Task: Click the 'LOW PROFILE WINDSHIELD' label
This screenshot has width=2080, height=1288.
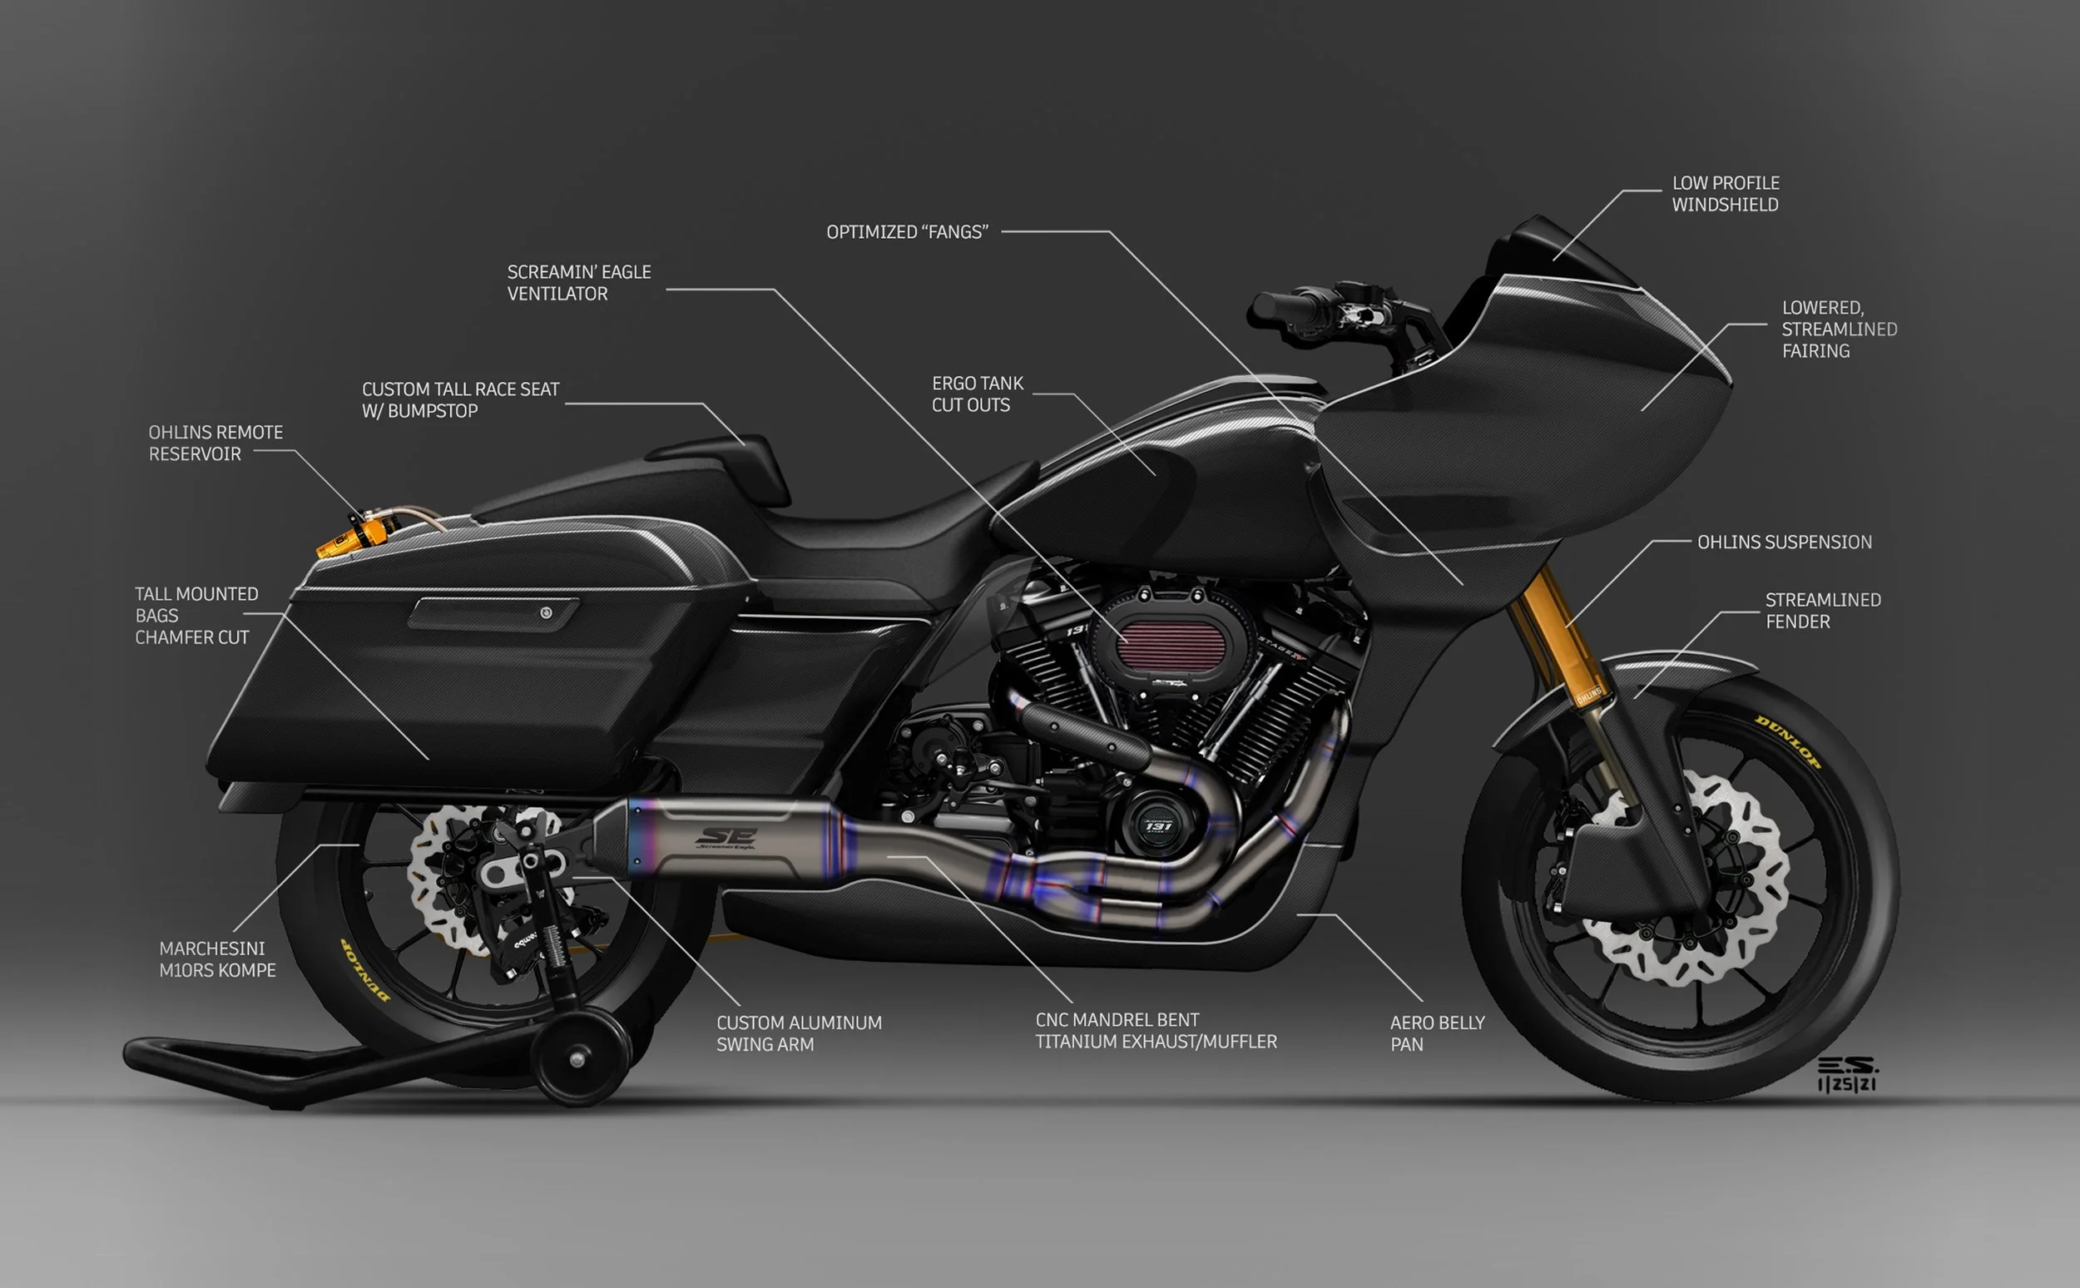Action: coord(1725,193)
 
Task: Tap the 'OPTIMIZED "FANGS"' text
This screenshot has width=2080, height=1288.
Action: coord(907,231)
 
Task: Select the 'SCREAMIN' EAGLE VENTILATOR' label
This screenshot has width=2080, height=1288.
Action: coord(578,282)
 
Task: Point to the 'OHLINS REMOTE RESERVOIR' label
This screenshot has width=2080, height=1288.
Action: coord(215,443)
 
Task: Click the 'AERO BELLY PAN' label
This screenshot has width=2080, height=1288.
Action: coord(1437,1033)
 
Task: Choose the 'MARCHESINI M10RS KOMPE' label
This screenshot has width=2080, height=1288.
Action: coord(217,959)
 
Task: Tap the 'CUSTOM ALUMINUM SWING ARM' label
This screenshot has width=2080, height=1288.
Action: coord(799,1033)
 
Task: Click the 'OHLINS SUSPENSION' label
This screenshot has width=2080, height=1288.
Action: coord(1785,542)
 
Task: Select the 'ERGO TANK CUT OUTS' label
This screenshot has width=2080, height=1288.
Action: coord(977,394)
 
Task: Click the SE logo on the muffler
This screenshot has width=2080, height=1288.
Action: coord(726,838)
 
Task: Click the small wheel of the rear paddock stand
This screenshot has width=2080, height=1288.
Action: coord(577,1059)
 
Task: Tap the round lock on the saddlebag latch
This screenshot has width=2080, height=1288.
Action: coord(546,612)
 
